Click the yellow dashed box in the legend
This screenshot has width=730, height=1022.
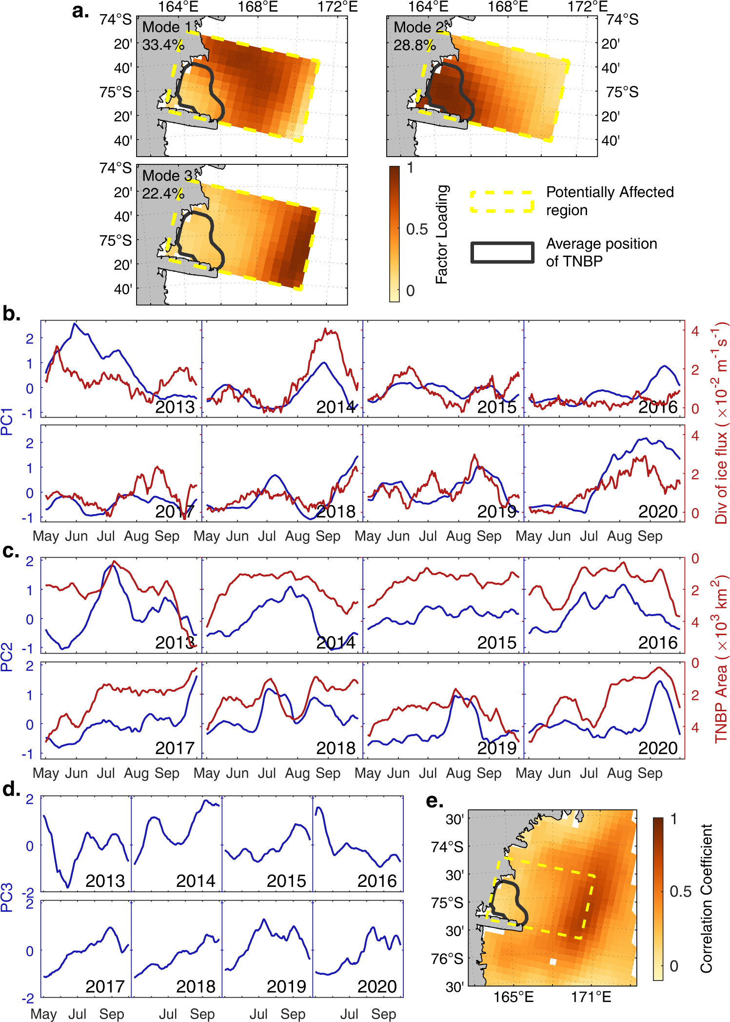pyautogui.click(x=502, y=201)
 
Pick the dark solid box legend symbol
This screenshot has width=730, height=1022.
pyautogui.click(x=502, y=252)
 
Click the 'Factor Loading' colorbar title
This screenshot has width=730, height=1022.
pyautogui.click(x=442, y=234)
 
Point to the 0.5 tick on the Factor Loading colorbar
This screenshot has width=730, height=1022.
pyautogui.click(x=417, y=229)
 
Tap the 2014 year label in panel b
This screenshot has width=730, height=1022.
pyautogui.click(x=335, y=407)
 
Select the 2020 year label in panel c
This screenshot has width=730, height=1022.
pyautogui.click(x=658, y=748)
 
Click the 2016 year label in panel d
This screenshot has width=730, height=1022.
pyautogui.click(x=377, y=881)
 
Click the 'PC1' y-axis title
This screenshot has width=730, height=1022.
pyautogui.click(x=7, y=421)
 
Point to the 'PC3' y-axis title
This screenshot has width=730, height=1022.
pyautogui.click(x=7, y=898)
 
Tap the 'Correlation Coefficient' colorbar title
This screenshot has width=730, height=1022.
pyautogui.click(x=707, y=898)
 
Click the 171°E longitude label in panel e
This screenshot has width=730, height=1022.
pyautogui.click(x=591, y=997)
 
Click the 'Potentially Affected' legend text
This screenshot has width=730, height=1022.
pyautogui.click(x=610, y=192)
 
